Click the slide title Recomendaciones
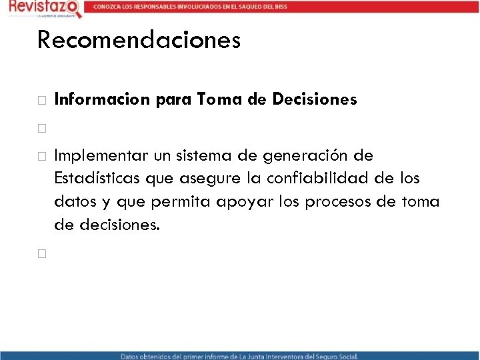(x=139, y=40)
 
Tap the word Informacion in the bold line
(x=103, y=100)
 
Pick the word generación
(x=304, y=156)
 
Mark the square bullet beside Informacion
(x=41, y=101)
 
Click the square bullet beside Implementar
(x=41, y=157)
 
